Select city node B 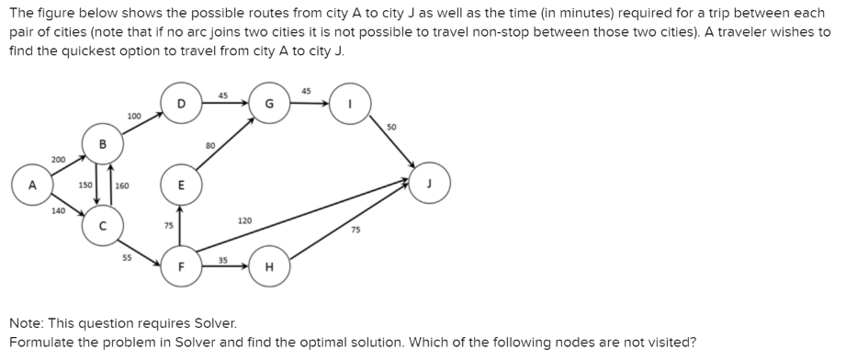click(103, 145)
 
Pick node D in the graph click(181, 104)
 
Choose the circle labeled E click(181, 184)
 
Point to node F click(181, 267)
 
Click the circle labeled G click(269, 104)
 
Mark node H click(269, 267)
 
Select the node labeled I click(350, 104)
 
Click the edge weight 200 click(59, 159)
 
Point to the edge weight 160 click(122, 185)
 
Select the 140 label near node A click(58, 211)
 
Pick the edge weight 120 click(244, 221)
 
